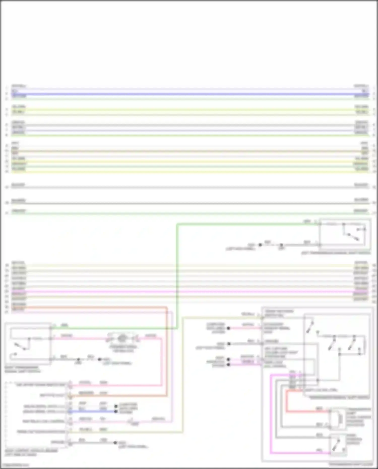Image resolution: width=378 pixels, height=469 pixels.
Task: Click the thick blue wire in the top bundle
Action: pos(189,94)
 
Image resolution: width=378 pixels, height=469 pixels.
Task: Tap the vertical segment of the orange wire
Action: pos(167,353)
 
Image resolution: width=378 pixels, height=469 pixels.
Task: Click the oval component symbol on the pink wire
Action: pos(122,338)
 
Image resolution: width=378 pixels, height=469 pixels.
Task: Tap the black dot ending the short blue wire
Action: pos(116,412)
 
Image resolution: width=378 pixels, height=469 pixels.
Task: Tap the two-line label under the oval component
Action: pos(123,349)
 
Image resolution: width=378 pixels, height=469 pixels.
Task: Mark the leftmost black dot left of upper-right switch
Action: pos(260,245)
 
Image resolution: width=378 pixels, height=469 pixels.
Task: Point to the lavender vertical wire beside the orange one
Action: pos(172,365)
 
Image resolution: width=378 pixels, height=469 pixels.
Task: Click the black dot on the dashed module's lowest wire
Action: pos(115,443)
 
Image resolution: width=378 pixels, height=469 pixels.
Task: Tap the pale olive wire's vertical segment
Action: pos(182,376)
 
